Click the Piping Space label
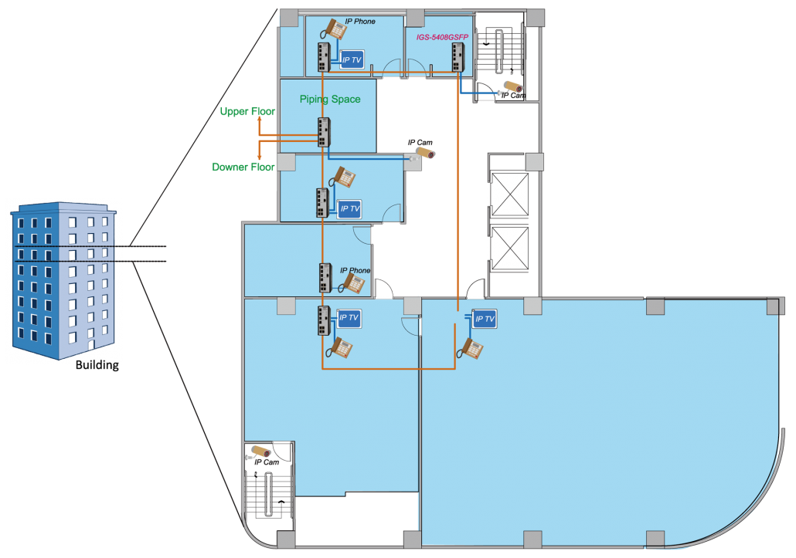pyautogui.click(x=330, y=100)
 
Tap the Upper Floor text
pyautogui.click(x=247, y=112)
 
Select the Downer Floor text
pyautogui.click(x=243, y=167)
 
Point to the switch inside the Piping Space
pyautogui.click(x=324, y=133)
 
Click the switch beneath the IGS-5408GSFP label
pyautogui.click(x=458, y=57)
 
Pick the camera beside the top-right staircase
pyautogui.click(x=512, y=87)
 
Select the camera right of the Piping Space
pyautogui.click(x=424, y=153)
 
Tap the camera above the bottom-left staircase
pyautogui.click(x=260, y=452)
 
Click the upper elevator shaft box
pyautogui.click(x=510, y=194)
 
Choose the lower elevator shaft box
pyautogui.click(x=510, y=248)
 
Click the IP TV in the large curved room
pyautogui.click(x=484, y=319)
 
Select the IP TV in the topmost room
pyautogui.click(x=352, y=59)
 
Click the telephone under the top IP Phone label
pyautogui.click(x=335, y=29)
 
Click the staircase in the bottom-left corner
pyautogui.click(x=267, y=493)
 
